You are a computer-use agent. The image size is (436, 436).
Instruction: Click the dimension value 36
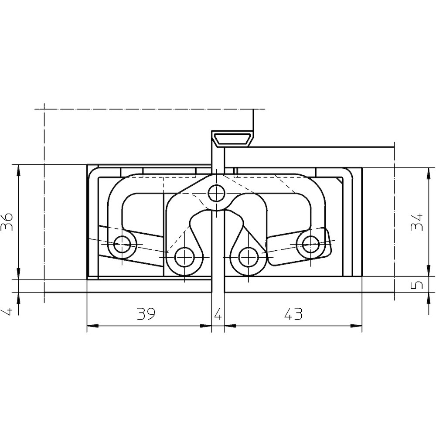click(x=7, y=222)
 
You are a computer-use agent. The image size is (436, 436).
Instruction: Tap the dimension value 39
click(x=146, y=314)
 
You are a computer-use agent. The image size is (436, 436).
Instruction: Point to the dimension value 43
click(x=293, y=314)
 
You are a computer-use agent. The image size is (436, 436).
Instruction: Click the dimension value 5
click(x=417, y=285)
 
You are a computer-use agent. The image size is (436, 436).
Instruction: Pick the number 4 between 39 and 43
click(x=218, y=314)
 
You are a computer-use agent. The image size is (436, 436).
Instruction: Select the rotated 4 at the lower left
click(x=7, y=311)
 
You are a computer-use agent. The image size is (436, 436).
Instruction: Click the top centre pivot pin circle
click(x=216, y=193)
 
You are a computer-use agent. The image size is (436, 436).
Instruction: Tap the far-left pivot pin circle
click(x=122, y=245)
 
